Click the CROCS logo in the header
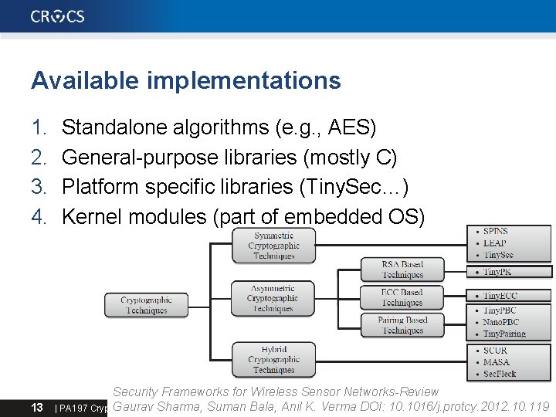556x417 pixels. tap(58, 16)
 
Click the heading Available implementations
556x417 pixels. tap(185, 80)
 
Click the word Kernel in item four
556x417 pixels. tap(92, 217)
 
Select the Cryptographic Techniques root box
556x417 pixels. tap(146, 305)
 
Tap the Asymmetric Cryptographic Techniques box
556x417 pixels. tap(273, 298)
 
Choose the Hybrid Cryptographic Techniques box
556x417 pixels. tap(273, 359)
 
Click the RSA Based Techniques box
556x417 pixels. tap(402, 270)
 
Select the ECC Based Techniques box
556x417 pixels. tap(402, 297)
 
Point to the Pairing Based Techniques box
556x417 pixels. tap(402, 325)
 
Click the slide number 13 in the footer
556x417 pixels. tap(36, 407)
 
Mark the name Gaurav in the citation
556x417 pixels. tap(137, 406)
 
